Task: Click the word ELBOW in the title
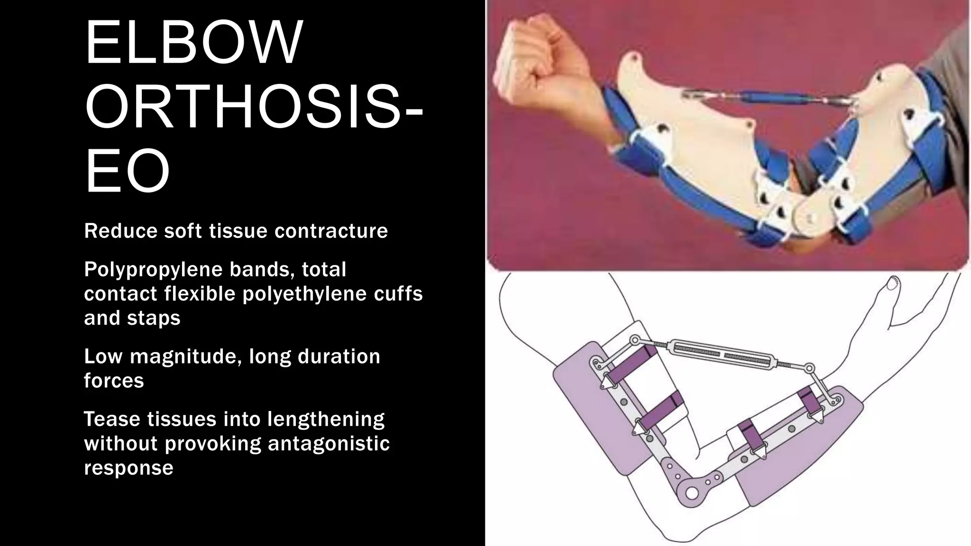tap(193, 43)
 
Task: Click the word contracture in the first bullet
tap(331, 231)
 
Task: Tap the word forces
tap(114, 381)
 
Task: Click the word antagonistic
tap(329, 444)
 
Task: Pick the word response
tap(128, 468)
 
